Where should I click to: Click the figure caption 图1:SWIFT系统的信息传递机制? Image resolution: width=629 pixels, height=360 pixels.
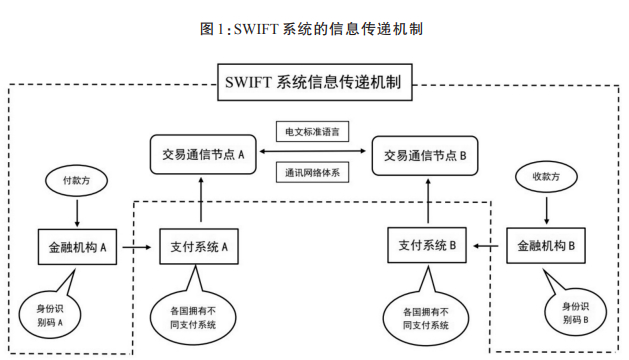pyautogui.click(x=311, y=29)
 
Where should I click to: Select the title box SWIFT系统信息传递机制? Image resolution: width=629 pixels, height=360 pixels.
pyautogui.click(x=314, y=82)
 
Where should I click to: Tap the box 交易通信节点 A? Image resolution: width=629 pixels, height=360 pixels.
pyautogui.click(x=203, y=155)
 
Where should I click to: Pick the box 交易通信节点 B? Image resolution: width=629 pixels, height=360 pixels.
pyautogui.click(x=425, y=156)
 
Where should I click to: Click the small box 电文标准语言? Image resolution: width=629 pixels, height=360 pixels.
pyautogui.click(x=312, y=132)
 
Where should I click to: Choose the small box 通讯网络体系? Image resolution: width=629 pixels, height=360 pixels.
pyautogui.click(x=312, y=173)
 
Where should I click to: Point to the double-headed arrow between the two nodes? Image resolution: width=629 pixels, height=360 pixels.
pyautogui.click(x=312, y=151)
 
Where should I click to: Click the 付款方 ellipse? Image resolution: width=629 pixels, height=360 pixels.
pyautogui.click(x=76, y=181)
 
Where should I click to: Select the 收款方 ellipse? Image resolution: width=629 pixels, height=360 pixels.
pyautogui.click(x=546, y=177)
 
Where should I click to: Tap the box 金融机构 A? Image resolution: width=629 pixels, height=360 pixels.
pyautogui.click(x=77, y=247)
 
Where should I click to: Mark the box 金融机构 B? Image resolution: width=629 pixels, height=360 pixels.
pyautogui.click(x=546, y=246)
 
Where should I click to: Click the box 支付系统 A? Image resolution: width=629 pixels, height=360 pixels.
pyautogui.click(x=199, y=246)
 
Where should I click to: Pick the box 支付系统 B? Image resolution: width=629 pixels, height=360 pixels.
pyautogui.click(x=427, y=245)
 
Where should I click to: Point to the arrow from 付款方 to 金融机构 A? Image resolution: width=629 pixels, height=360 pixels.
pyautogui.click(x=77, y=212)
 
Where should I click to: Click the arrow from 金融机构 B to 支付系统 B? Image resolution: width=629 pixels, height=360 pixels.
pyautogui.click(x=486, y=246)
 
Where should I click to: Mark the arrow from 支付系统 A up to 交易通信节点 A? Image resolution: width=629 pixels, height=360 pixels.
pyautogui.click(x=201, y=199)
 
